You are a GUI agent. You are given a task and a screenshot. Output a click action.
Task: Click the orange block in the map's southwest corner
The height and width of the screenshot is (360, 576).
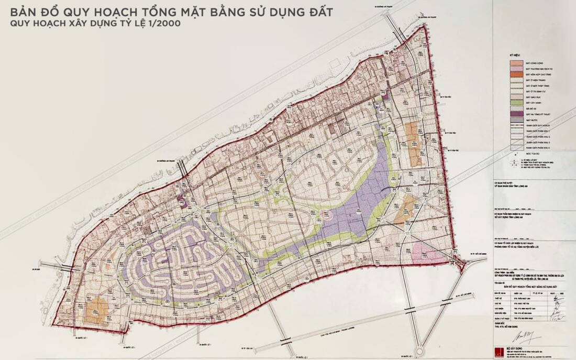pyautogui.click(x=97, y=309)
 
